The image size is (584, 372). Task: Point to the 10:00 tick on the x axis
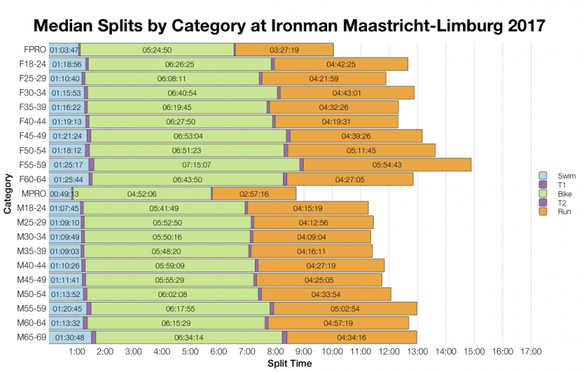click(x=333, y=351)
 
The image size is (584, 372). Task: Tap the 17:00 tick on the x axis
click(x=531, y=351)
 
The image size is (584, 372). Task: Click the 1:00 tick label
click(x=77, y=351)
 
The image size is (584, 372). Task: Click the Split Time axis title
click(x=289, y=363)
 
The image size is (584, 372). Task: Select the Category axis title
click(x=8, y=195)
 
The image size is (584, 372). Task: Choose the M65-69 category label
click(x=31, y=337)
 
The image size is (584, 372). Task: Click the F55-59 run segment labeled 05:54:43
click(x=387, y=165)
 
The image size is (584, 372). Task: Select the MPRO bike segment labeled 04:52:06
click(x=142, y=194)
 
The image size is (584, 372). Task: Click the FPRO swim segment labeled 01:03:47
click(x=64, y=50)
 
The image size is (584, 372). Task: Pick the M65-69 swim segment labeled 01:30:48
click(x=69, y=338)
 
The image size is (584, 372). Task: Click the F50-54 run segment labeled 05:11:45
click(x=361, y=151)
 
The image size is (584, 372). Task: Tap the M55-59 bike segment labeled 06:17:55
click(x=181, y=309)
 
